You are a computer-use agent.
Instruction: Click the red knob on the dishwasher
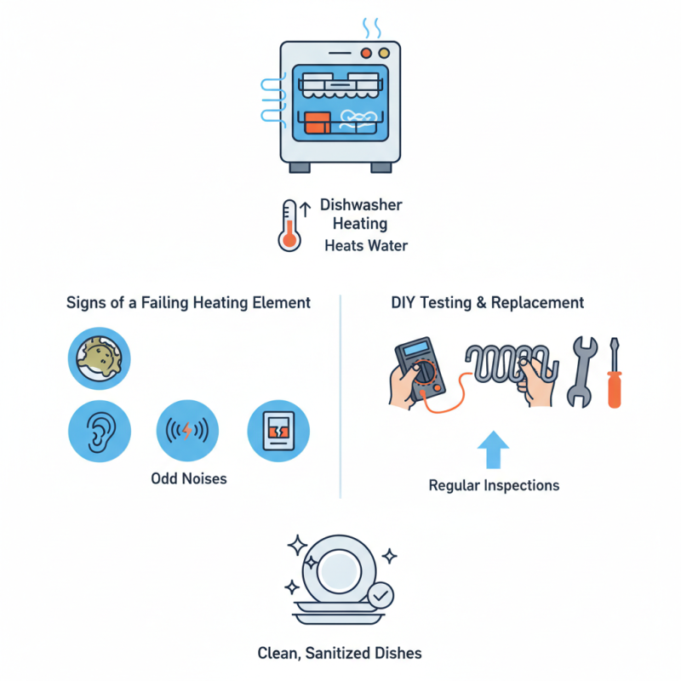[366, 53]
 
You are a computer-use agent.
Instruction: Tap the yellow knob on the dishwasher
[383, 53]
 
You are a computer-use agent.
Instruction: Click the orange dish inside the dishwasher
[316, 121]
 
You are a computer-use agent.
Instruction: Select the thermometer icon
[289, 226]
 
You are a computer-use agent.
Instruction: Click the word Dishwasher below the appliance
[361, 205]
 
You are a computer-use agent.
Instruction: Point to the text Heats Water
[366, 246]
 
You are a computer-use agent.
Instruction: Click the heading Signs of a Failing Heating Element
[188, 302]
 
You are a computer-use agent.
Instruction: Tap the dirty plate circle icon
[99, 358]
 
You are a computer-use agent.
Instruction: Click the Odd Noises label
[188, 478]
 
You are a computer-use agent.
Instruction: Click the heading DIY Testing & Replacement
[488, 302]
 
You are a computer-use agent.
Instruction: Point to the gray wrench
[581, 372]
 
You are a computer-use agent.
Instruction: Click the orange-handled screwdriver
[614, 375]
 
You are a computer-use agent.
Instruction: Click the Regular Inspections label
[494, 485]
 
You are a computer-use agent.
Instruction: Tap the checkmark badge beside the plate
[381, 592]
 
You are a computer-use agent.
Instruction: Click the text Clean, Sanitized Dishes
[340, 654]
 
